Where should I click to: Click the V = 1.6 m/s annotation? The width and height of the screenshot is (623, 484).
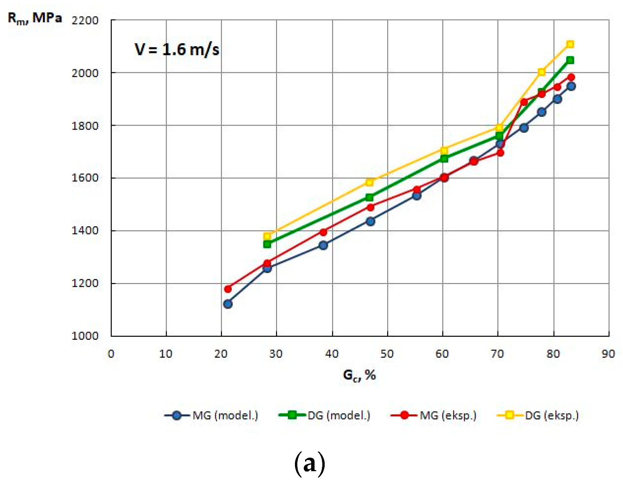point(177,50)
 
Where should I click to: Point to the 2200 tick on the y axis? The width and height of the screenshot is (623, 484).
point(85,20)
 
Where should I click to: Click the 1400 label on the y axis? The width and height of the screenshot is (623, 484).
point(85,231)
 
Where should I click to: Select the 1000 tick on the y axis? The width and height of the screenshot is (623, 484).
point(85,336)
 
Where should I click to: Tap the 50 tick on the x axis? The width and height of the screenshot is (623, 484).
point(387,354)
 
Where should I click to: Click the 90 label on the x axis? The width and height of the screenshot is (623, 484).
point(608,354)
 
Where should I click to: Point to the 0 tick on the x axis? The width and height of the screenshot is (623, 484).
point(111,354)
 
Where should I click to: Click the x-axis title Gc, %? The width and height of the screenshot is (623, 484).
point(359,375)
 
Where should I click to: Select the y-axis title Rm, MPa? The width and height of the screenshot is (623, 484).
point(35,18)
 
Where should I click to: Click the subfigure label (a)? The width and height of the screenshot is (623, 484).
point(310,464)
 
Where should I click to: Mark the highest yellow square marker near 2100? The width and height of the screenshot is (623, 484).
point(570,44)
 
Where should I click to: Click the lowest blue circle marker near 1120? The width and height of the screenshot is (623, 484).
point(228,304)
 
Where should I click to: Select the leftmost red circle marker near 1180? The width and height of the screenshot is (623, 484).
point(228,289)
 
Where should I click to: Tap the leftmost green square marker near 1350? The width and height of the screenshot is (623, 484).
point(267,244)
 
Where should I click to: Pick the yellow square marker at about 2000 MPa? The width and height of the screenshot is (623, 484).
point(542,72)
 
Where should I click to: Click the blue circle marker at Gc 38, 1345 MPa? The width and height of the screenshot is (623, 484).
point(323,245)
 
